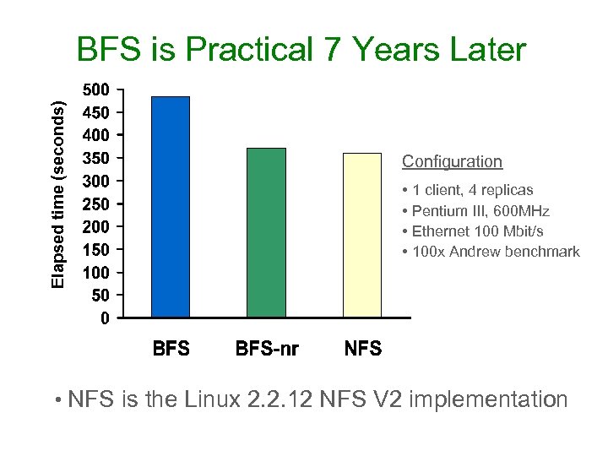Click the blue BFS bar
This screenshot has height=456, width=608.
pos(171,207)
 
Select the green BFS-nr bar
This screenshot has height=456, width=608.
pos(266,233)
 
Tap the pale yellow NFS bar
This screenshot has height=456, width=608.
pos(362,236)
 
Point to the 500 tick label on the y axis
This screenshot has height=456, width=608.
pos(95,90)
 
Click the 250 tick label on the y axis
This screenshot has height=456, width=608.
pos(95,204)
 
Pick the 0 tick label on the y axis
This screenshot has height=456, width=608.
pos(104,319)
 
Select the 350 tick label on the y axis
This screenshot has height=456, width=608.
pos(95,159)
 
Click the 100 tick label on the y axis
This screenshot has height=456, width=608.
pos(95,274)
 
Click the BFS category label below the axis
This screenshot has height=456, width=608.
pos(171,349)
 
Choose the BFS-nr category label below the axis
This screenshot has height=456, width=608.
pos(267,349)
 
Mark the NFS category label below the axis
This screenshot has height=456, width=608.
pos(363,349)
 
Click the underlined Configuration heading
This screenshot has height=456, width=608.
pos(452,161)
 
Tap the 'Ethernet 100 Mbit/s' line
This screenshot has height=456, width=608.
pos(474,231)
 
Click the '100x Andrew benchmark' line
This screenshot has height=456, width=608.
pos(491,251)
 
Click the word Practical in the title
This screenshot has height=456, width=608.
pos(249,51)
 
